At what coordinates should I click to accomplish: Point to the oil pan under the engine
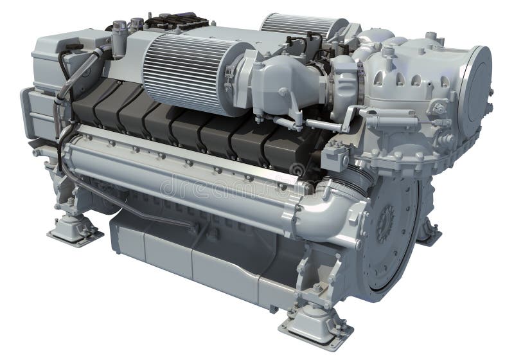click(193, 257)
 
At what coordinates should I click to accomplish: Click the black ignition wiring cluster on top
click(170, 21)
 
